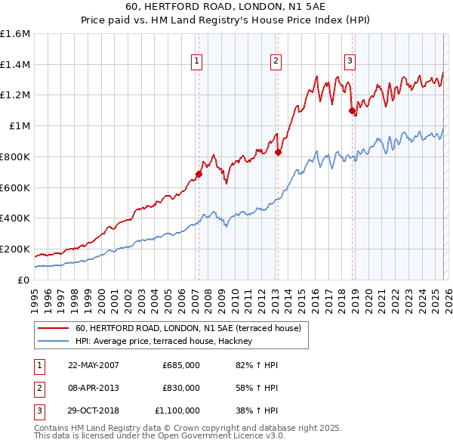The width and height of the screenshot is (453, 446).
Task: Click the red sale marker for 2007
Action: (199, 174)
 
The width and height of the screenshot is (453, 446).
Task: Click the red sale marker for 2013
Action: (278, 152)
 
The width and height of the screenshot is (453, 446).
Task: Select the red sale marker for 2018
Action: (352, 110)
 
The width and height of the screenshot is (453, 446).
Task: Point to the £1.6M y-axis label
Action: (15, 34)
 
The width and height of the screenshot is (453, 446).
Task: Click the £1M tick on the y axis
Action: (19, 126)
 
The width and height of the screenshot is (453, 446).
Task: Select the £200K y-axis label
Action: (15, 249)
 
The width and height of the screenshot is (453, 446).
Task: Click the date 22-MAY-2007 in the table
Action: (94, 365)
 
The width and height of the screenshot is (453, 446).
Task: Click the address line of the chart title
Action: (226, 7)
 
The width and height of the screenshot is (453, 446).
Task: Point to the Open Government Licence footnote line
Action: (159, 437)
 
